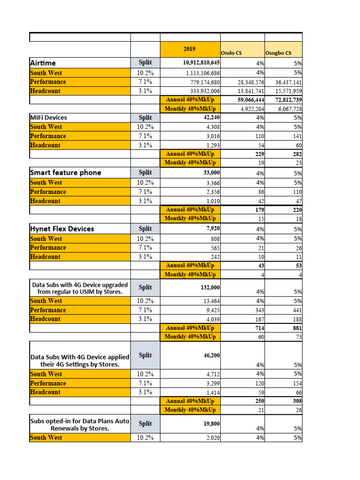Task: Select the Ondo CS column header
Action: coord(231,53)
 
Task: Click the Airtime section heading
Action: coord(43,63)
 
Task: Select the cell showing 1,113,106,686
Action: coord(202,73)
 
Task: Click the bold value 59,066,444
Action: coord(248,100)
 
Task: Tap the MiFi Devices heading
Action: coord(48,117)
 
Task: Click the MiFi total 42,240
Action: coord(211,117)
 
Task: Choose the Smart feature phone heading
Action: coord(65,172)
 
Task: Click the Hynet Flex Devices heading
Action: coord(62,229)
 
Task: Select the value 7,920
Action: coord(213,229)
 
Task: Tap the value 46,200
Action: coord(211,355)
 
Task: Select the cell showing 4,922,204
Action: coord(249,109)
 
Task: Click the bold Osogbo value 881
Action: coord(296,328)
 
